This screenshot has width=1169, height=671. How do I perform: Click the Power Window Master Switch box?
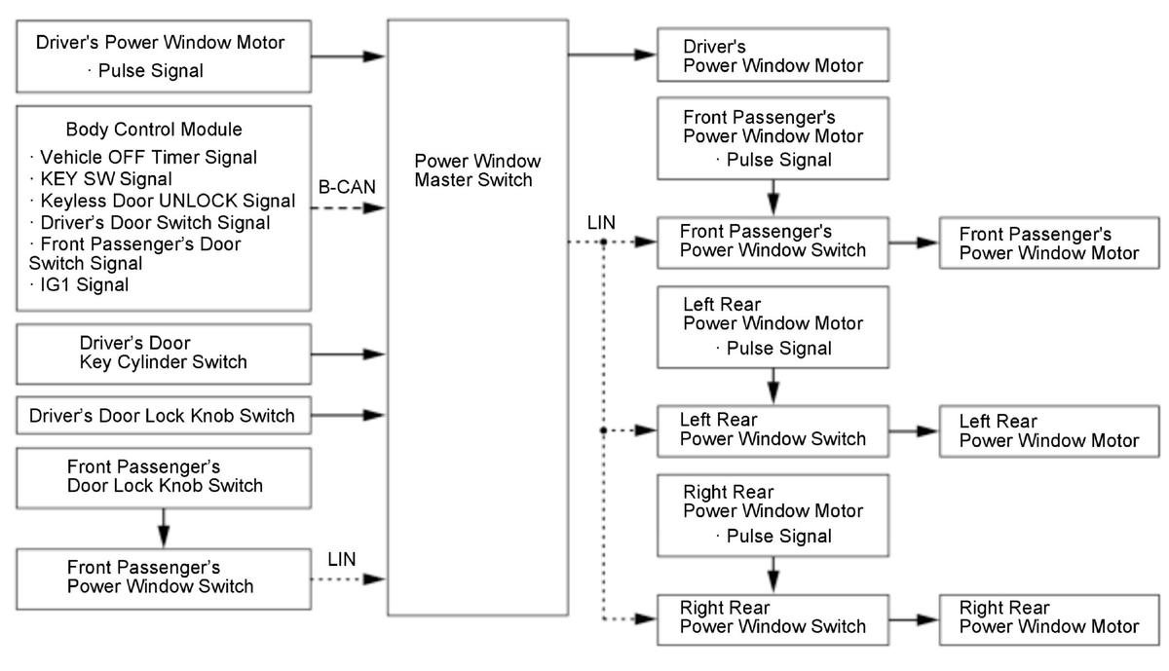(477, 317)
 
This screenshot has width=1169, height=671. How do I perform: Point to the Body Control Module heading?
(154, 130)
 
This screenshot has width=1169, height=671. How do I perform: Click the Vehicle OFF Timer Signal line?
(146, 157)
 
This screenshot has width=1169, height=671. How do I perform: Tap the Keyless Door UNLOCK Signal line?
(162, 201)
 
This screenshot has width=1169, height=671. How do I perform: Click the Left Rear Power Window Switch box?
(773, 429)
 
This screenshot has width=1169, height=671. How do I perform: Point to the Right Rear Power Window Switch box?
(773, 617)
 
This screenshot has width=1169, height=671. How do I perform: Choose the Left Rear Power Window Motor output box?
(1048, 429)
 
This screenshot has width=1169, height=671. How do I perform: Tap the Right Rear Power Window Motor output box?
(1048, 617)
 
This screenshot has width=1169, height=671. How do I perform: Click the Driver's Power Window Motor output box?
(773, 56)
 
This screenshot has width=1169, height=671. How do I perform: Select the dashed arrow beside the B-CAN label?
(350, 208)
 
